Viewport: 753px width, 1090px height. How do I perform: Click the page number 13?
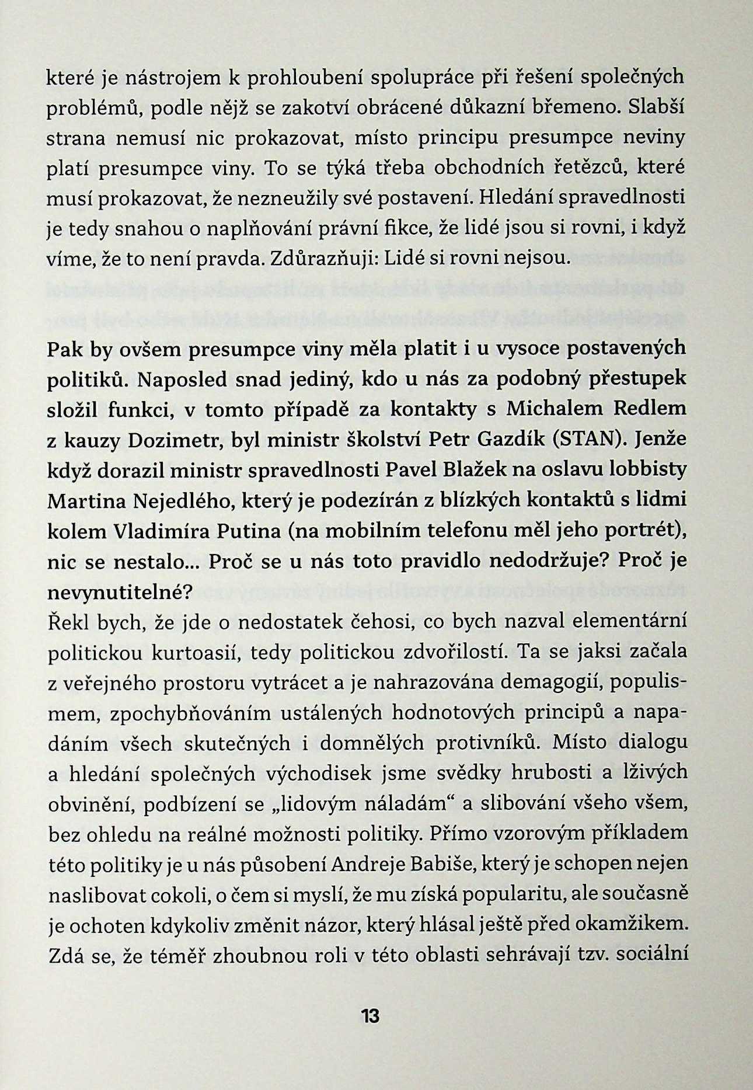tap(370, 1016)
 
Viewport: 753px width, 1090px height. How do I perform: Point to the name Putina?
tap(250, 531)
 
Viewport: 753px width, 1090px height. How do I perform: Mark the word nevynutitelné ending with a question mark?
tap(120, 593)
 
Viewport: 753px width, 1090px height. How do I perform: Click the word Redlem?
tap(649, 409)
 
